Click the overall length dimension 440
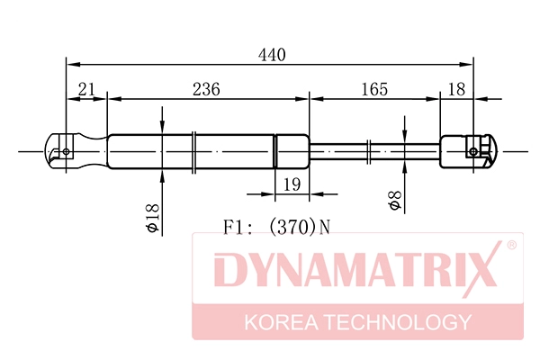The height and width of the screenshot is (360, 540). click(x=272, y=55)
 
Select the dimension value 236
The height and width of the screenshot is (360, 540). click(x=206, y=88)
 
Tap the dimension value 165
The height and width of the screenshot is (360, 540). click(x=373, y=88)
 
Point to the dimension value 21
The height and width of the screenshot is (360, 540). click(x=87, y=88)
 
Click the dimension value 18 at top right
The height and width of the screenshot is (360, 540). click(x=456, y=88)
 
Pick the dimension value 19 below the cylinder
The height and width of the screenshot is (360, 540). click(x=290, y=184)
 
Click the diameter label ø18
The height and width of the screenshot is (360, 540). click(x=152, y=219)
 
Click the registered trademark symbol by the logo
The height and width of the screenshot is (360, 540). click(x=510, y=245)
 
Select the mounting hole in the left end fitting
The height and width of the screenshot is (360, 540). click(x=67, y=151)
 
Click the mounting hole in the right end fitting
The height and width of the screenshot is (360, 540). click(x=473, y=151)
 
